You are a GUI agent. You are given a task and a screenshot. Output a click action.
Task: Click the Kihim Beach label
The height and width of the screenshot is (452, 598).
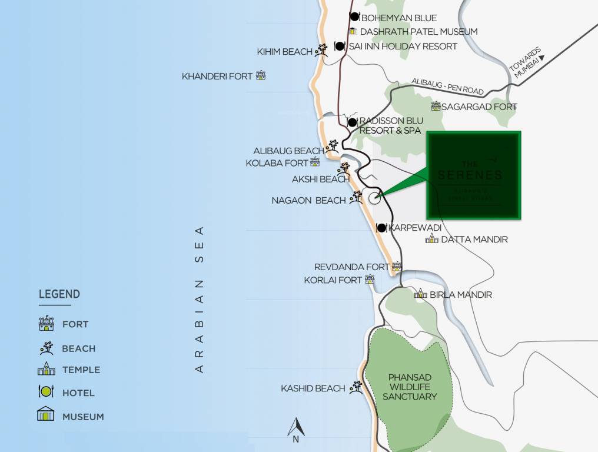tap(284, 52)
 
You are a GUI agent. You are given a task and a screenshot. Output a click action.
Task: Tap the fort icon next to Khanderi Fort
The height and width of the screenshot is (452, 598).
tap(261, 75)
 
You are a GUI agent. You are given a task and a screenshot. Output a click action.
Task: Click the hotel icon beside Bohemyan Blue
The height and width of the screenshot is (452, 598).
tap(354, 17)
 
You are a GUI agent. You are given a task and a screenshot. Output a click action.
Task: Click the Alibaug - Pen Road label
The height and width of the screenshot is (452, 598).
tap(447, 87)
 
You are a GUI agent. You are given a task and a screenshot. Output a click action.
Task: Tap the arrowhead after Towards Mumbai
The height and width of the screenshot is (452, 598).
tap(541, 58)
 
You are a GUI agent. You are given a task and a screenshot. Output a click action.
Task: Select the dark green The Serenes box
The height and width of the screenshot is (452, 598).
tap(473, 175)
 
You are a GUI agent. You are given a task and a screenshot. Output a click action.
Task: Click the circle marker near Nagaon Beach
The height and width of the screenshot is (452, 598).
tap(375, 198)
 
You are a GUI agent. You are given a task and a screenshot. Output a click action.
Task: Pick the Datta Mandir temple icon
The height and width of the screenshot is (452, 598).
tap(432, 238)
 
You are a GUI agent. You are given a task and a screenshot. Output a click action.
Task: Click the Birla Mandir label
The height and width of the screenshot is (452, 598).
tap(460, 294)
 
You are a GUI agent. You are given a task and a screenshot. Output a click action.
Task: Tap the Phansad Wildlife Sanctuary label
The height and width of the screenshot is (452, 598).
tap(410, 387)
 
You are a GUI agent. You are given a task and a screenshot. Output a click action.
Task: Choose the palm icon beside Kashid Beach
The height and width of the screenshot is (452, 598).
tap(356, 387)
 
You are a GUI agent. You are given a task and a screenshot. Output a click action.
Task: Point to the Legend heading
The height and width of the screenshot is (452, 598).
tap(59, 294)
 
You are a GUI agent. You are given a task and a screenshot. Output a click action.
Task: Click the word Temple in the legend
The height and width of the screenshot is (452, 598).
tap(81, 370)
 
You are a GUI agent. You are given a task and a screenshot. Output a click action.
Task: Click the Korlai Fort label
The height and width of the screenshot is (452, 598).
tap(333, 280)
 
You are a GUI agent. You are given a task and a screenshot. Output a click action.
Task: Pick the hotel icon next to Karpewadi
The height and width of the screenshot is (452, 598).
tap(381, 227)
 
